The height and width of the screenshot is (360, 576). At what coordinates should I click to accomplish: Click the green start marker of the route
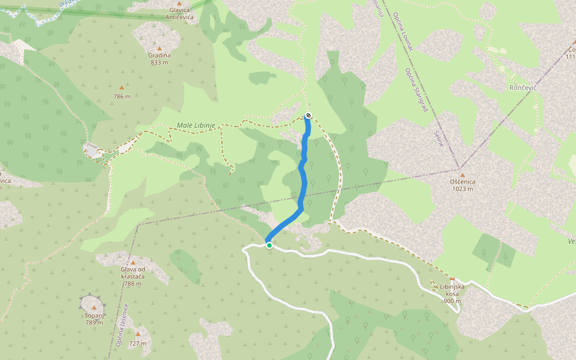(x=269, y=245)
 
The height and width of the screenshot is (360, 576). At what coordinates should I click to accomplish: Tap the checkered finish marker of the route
(x=308, y=115)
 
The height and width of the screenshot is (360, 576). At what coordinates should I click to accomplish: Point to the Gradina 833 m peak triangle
(x=160, y=49)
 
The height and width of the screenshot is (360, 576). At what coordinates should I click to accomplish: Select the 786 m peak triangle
(x=122, y=88)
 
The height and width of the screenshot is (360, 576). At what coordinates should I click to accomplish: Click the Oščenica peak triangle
(x=462, y=175)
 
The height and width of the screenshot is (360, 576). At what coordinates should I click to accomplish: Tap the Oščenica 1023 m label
(x=462, y=185)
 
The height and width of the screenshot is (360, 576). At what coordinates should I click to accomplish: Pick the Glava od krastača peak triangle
(x=133, y=262)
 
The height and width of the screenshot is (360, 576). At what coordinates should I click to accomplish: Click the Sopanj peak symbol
(x=94, y=307)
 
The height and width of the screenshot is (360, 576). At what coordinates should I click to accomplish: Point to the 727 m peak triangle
(x=138, y=334)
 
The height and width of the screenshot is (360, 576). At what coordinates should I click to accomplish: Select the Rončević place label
(x=523, y=88)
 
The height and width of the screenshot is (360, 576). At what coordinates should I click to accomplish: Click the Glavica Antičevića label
(x=179, y=14)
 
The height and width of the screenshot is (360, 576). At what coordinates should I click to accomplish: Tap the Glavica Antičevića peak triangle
(x=179, y=4)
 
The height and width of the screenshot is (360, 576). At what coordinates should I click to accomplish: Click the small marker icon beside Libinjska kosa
(x=452, y=279)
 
